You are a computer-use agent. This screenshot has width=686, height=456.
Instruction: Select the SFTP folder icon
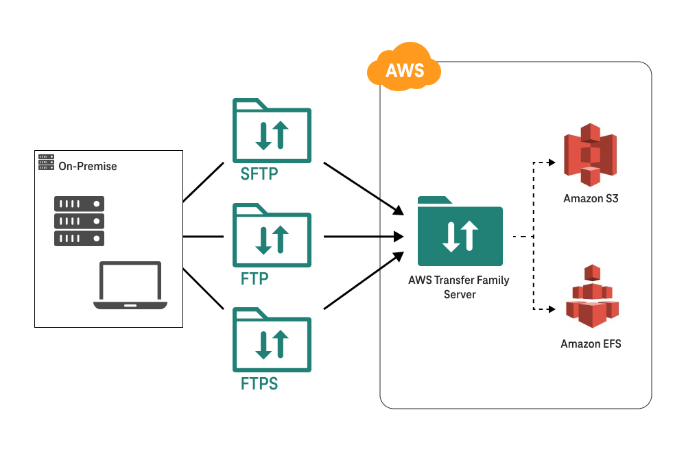[272, 130]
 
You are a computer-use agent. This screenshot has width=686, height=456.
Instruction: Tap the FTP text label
[255, 278]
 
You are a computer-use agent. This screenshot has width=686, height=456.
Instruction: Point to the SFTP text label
[259, 174]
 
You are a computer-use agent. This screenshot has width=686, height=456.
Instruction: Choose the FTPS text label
[259, 383]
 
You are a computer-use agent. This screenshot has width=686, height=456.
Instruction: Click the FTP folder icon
[272, 235]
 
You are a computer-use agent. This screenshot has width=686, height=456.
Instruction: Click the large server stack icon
[79, 221]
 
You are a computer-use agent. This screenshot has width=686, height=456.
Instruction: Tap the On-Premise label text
[87, 166]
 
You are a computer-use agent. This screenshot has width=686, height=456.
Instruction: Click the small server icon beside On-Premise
[46, 163]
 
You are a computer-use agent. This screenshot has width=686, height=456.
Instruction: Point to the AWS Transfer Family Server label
[459, 287]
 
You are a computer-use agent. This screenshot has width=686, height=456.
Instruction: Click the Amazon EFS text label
[591, 344]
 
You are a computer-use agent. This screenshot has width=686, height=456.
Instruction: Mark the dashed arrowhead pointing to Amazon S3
[551, 163]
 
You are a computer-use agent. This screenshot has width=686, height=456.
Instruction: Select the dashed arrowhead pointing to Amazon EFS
[551, 310]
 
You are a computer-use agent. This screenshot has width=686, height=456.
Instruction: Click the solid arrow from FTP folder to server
[364, 237]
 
